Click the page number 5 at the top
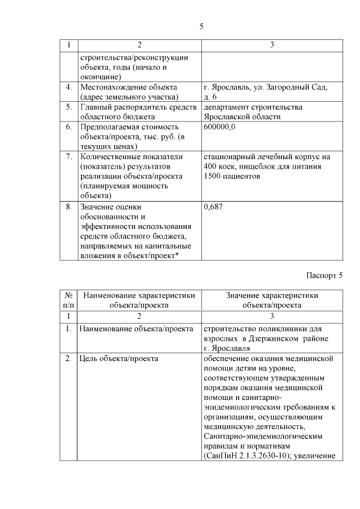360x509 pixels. coord(201,26)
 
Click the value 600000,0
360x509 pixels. coord(219,127)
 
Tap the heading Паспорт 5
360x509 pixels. coord(325,275)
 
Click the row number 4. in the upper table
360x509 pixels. coord(69,87)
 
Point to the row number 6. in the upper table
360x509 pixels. coord(69,127)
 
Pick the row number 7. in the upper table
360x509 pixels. coord(69,156)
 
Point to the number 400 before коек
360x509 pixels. coord(212,166)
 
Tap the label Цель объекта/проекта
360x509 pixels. coord(119,358)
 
